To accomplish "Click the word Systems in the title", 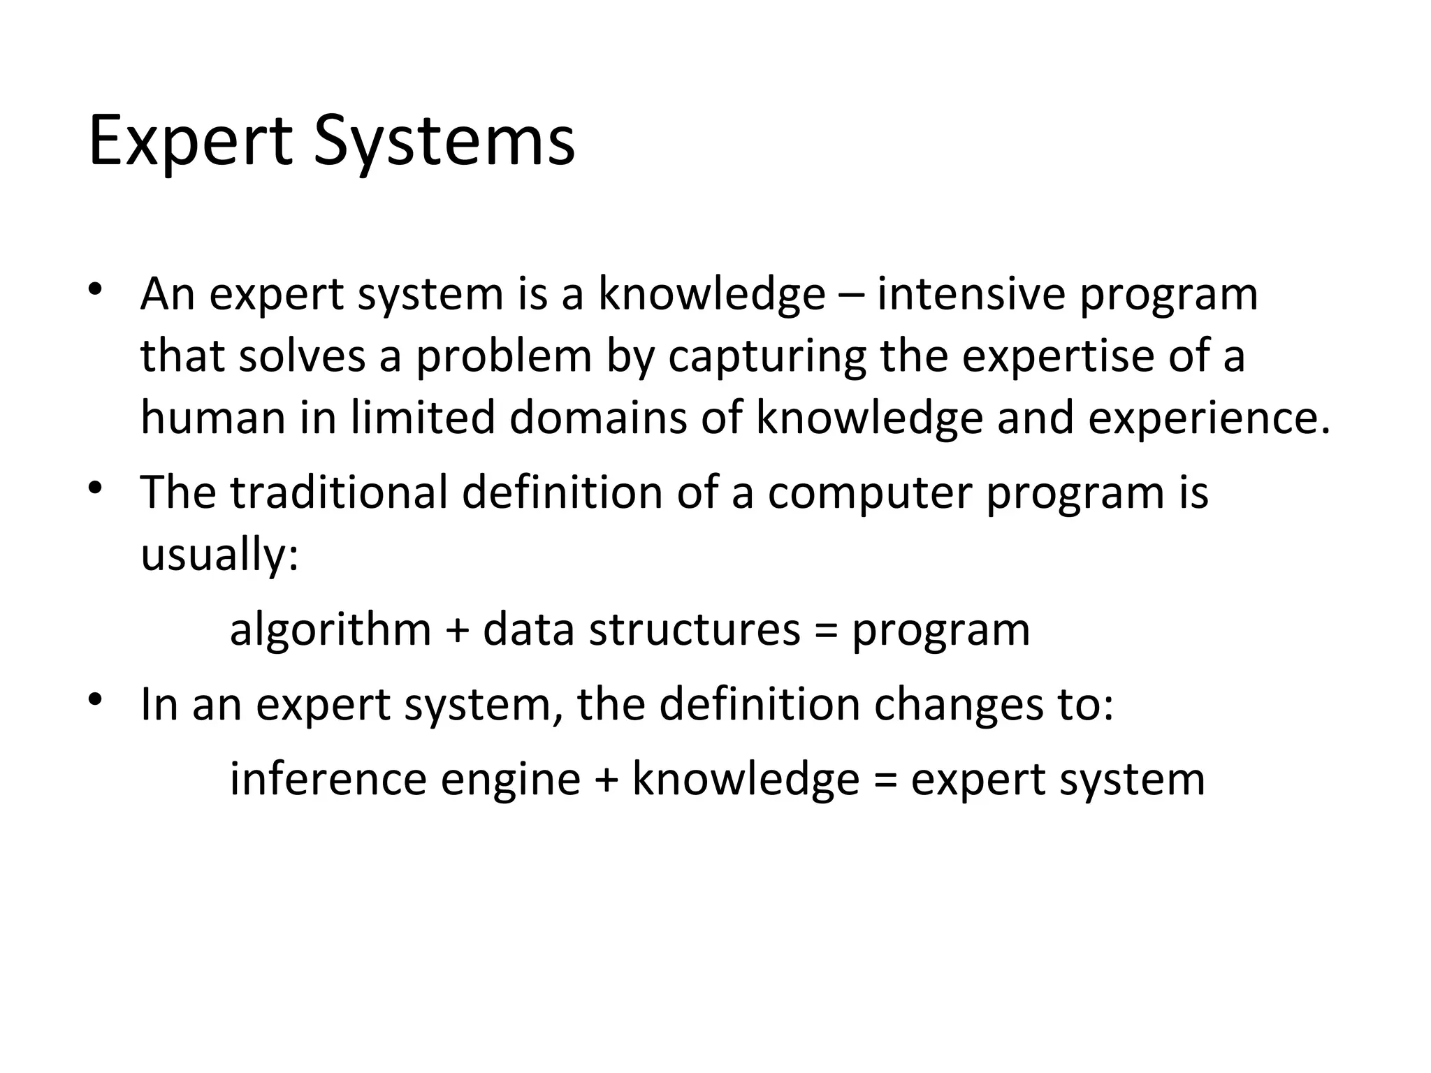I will click(x=444, y=143).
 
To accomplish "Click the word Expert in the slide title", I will click(x=190, y=143).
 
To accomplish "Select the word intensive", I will click(x=971, y=294).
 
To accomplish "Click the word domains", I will click(x=598, y=418).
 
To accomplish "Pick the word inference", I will click(x=328, y=779).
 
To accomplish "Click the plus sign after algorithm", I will click(x=457, y=630).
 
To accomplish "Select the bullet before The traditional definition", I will click(x=96, y=487).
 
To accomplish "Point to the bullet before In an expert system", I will click(x=96, y=699).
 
